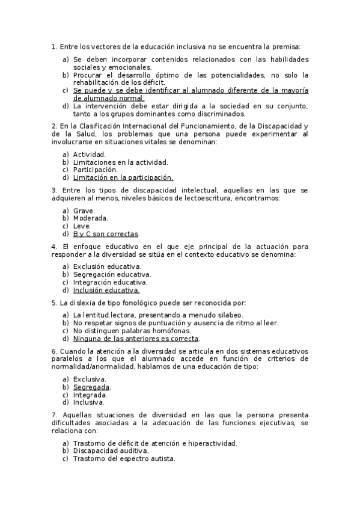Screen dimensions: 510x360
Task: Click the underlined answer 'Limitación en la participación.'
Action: coord(123,177)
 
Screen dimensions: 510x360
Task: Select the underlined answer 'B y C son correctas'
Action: coord(106,234)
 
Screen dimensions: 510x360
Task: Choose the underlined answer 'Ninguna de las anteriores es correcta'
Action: coord(136,339)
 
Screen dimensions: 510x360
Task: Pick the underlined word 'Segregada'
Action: coord(91,387)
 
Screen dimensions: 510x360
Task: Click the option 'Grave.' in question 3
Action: coord(84,210)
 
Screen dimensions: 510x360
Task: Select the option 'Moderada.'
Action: coord(90,218)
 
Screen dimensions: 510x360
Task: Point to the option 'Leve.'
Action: coord(82,226)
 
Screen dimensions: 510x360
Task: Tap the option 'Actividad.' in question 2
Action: coord(89,155)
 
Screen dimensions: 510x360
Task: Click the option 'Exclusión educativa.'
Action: coord(108,266)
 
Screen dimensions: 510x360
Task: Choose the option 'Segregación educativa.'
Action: coord(112,274)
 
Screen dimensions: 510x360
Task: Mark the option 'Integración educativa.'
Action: coord(110,282)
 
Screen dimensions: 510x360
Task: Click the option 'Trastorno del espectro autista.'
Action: coord(124,458)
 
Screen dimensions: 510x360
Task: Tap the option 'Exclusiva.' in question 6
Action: coord(90,379)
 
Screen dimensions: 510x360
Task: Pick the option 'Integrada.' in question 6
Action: coord(90,395)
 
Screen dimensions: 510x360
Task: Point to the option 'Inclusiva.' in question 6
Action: coord(88,403)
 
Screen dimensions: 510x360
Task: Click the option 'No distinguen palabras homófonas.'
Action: coord(132,331)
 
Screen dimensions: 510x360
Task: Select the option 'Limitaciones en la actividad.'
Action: coord(120,162)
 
